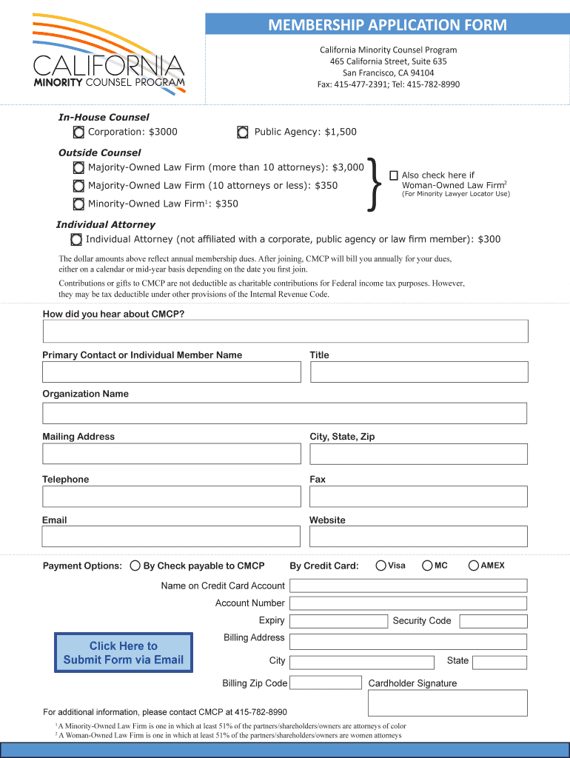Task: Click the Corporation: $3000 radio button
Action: [x=78, y=133]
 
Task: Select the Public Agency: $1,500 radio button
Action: [x=243, y=133]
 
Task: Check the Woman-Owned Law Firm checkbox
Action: [x=394, y=175]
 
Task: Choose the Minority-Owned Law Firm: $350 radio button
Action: [x=78, y=204]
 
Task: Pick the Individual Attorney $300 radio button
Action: [x=76, y=239]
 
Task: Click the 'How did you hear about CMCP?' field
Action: [x=285, y=332]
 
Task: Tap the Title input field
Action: [x=419, y=372]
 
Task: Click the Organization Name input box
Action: [x=285, y=413]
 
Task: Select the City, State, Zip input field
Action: [x=419, y=453]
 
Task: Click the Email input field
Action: [x=172, y=536]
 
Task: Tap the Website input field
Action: [x=419, y=536]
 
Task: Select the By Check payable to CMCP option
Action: [x=135, y=566]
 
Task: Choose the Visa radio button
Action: [x=380, y=566]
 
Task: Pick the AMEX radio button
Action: [x=475, y=566]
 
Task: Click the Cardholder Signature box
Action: [x=448, y=702]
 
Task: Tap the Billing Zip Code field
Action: [x=325, y=682]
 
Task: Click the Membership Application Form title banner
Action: [x=387, y=25]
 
